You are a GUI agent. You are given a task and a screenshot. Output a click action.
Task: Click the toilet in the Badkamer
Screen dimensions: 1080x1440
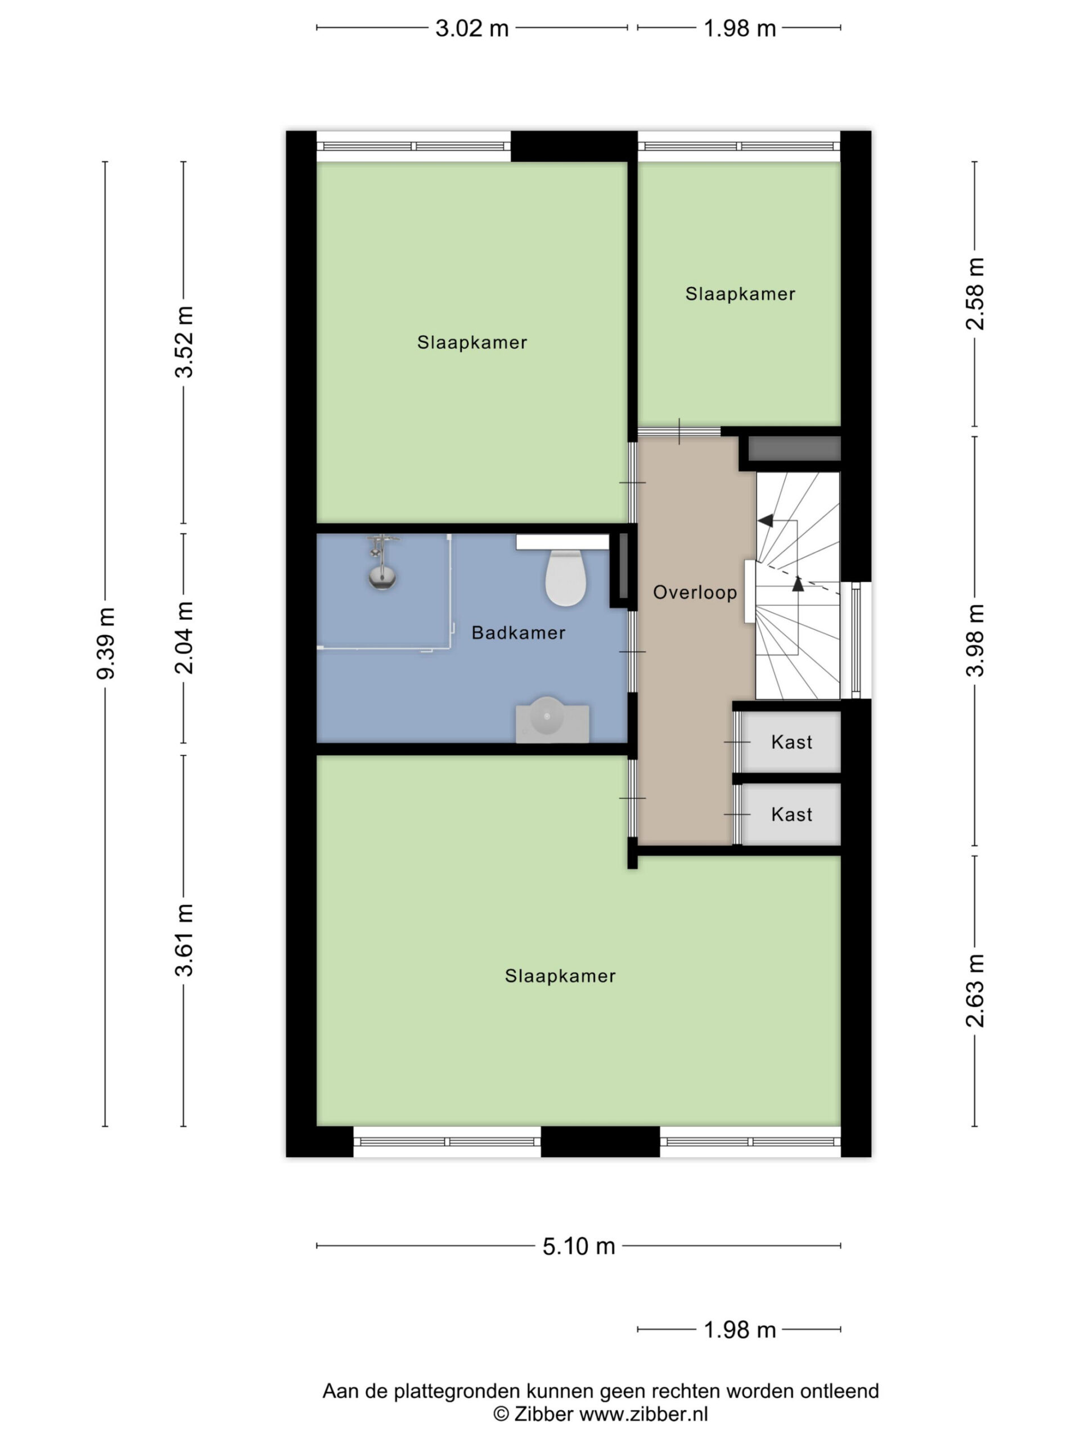(x=565, y=578)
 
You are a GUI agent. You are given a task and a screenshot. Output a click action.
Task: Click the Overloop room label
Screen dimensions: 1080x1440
(x=695, y=592)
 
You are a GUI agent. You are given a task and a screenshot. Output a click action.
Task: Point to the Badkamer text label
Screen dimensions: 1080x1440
(x=518, y=633)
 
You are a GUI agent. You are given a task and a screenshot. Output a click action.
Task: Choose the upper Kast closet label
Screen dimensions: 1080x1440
(x=791, y=742)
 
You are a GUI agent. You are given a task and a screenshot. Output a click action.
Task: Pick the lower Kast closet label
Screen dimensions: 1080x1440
(x=791, y=814)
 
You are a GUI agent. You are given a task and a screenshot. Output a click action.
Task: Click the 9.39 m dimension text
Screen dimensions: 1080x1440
(x=105, y=643)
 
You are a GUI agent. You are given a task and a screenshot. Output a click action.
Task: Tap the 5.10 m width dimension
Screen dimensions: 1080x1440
(x=579, y=1246)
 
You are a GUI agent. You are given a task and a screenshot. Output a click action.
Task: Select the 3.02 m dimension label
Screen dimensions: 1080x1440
(x=472, y=29)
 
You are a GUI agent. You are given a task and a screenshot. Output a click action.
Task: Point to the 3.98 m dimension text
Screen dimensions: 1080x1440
(x=975, y=641)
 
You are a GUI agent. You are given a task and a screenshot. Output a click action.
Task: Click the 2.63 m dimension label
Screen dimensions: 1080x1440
(x=975, y=991)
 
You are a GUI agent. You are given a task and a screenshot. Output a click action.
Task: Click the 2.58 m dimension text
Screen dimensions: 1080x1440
(x=975, y=294)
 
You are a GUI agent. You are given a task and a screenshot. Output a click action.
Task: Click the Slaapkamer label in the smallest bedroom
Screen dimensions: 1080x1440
(x=740, y=294)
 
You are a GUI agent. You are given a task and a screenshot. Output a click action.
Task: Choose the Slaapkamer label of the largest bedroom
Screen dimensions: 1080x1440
(x=560, y=976)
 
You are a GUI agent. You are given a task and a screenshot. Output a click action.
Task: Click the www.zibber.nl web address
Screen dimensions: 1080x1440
(x=643, y=1414)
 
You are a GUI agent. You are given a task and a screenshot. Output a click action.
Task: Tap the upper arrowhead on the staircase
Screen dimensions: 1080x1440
(x=766, y=520)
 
